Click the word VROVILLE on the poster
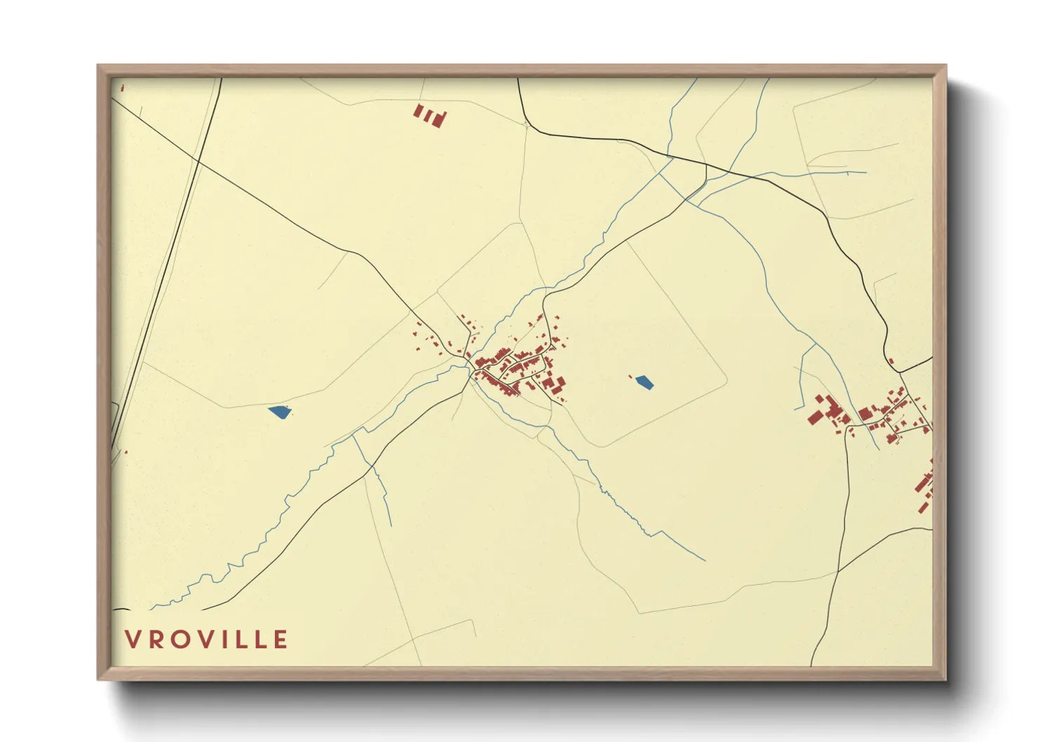pos(206,640)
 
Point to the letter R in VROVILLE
pos(155,640)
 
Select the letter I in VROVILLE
pos(229,640)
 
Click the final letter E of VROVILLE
pos(281,640)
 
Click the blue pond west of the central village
pos(279,412)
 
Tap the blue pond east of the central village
pos(644,382)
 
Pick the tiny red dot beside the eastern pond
pos(631,377)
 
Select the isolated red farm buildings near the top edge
pos(429,115)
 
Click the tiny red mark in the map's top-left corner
pos(122,88)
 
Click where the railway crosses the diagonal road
pos(198,161)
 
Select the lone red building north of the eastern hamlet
pos(891,361)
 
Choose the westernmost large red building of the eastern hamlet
pos(814,418)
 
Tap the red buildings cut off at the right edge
pos(924,484)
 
